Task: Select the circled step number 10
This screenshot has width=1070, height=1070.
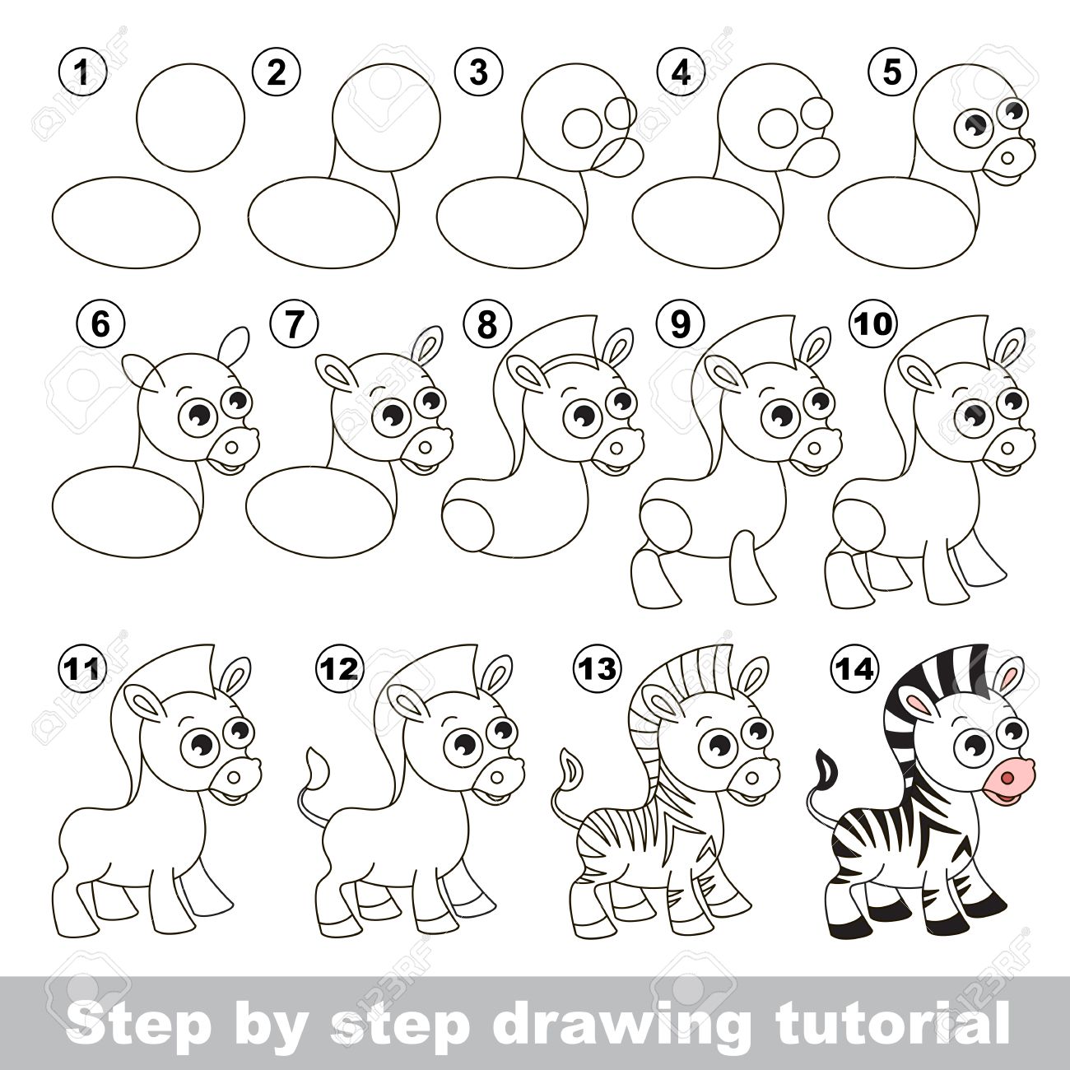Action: [875, 323]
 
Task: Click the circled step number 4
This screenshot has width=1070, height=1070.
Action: [680, 73]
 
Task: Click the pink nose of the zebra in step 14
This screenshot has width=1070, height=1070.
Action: [1013, 779]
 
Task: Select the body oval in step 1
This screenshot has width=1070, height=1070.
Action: [126, 223]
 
